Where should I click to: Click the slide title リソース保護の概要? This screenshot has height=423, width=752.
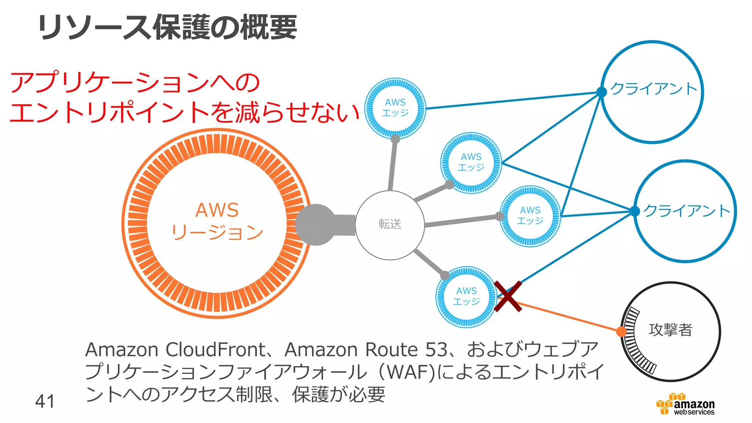click(167, 28)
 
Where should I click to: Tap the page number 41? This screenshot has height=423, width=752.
click(45, 401)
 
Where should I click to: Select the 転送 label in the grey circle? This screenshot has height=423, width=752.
click(390, 224)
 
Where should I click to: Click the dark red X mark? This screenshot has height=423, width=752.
click(508, 296)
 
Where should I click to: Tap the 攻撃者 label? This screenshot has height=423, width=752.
click(670, 329)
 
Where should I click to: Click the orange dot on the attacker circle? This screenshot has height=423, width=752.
click(621, 332)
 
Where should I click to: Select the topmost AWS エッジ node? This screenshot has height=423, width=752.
click(395, 108)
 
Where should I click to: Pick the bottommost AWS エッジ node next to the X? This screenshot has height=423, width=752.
click(466, 296)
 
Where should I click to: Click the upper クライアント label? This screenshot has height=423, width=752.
click(654, 88)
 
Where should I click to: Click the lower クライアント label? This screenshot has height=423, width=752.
click(687, 211)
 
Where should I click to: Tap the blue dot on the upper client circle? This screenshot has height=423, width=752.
click(601, 92)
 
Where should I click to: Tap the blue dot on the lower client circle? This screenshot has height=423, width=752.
click(634, 211)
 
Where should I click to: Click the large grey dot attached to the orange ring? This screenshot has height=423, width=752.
click(315, 224)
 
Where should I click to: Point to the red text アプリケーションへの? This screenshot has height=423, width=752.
click(135, 82)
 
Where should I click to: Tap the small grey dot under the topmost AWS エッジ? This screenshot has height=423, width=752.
click(395, 139)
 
